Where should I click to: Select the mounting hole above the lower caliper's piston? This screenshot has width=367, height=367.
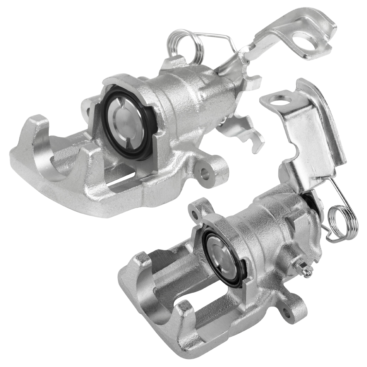pos(194,214)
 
